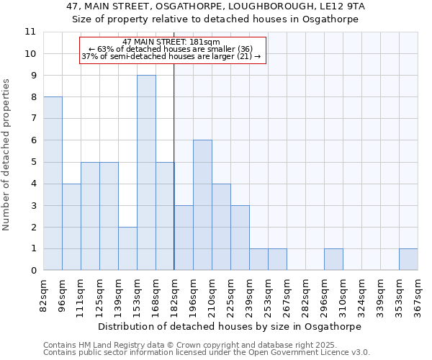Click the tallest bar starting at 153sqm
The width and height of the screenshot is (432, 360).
tap(146, 173)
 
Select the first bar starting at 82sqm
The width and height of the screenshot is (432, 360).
tap(53, 184)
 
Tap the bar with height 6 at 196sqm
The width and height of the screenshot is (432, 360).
tap(202, 205)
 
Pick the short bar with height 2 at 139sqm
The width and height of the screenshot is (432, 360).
tap(127, 248)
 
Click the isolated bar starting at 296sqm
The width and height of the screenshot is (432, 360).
tap(333, 260)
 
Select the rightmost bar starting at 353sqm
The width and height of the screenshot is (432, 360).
tap(408, 260)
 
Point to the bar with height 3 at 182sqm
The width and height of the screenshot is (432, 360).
tap(184, 238)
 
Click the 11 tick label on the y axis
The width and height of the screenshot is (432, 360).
tap(30, 32)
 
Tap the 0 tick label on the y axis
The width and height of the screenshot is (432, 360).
tap(32, 271)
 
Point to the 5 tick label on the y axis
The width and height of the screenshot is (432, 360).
tap(32, 162)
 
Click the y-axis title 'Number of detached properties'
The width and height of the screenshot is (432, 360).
tap(6, 155)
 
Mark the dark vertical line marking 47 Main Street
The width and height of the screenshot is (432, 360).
tap(174, 180)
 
